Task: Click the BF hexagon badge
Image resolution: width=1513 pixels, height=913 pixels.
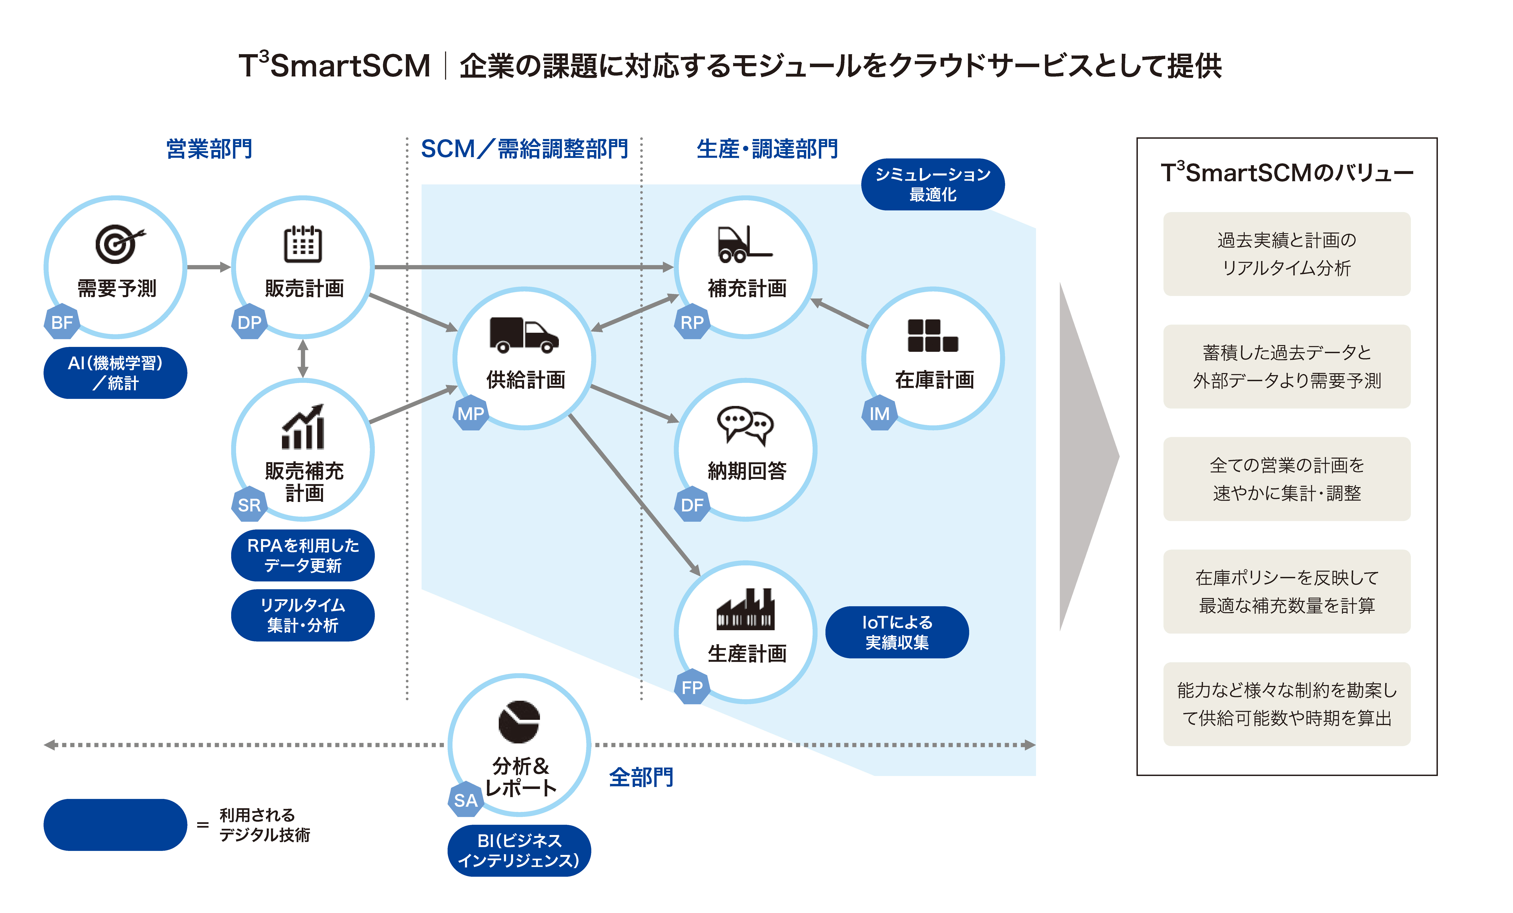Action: [x=62, y=321]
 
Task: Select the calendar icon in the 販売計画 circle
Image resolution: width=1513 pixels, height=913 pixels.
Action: [x=303, y=244]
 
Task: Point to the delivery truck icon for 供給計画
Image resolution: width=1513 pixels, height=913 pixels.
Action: [x=524, y=335]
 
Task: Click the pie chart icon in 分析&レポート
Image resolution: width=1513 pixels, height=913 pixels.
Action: [x=519, y=721]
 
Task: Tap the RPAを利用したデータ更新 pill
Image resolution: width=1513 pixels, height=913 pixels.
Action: [x=303, y=555]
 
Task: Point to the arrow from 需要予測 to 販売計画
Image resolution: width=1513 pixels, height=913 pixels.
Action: [x=209, y=267]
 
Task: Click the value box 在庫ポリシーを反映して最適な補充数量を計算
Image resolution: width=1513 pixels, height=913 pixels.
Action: [x=1286, y=592]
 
